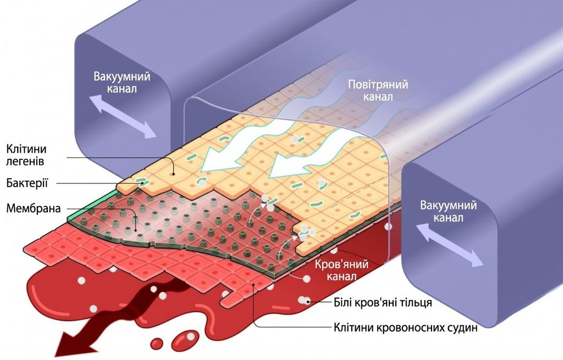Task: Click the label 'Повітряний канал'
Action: [378, 91]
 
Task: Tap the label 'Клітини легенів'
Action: [26, 154]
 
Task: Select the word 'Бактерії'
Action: [27, 183]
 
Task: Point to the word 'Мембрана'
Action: [34, 208]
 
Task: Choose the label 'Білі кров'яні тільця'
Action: [383, 302]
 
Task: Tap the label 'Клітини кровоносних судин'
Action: [406, 328]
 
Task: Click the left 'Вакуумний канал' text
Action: [122, 82]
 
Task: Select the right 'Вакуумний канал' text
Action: [449, 212]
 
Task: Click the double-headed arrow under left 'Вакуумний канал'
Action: [123, 117]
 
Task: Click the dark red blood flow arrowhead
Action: [75, 343]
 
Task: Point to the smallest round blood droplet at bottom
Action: [157, 343]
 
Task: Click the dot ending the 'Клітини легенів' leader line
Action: [174, 174]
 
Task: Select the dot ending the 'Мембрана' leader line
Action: [136, 230]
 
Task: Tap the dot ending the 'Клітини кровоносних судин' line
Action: [254, 285]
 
